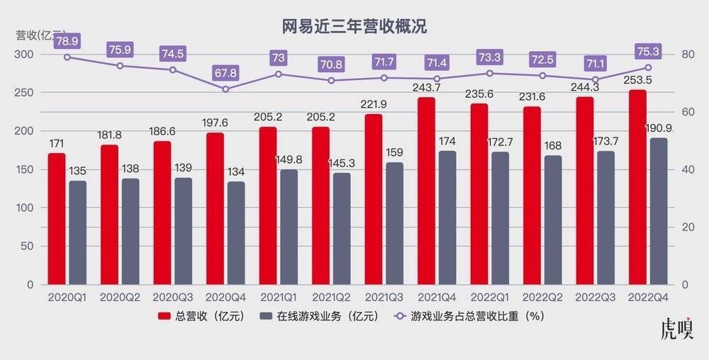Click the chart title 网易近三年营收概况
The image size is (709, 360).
pos(354,27)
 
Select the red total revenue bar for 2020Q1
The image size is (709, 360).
pos(57,219)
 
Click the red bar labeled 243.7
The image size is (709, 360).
pos(427,191)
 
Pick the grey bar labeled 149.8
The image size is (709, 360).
pos(289,227)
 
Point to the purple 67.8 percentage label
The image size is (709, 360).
pos(225,73)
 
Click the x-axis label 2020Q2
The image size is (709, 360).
pos(119,298)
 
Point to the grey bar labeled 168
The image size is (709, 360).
pos(553,220)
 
